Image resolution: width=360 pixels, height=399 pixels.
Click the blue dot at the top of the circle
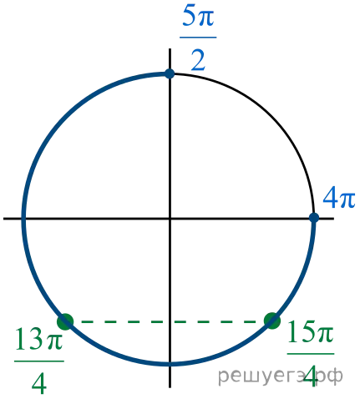pos(170,74)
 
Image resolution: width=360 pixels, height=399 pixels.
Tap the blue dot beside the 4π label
pos(314,218)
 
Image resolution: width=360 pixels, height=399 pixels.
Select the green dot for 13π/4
pos(65,321)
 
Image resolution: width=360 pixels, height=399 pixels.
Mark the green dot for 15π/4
pos(272,321)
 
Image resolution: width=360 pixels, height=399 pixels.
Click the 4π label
pos(339,198)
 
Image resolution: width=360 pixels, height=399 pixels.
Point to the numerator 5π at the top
pos(198,16)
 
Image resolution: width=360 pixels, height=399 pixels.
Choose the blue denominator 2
pos(198,60)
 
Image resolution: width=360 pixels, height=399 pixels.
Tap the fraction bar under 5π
pos(198,37)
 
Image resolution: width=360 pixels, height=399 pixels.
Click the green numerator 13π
pos(38,339)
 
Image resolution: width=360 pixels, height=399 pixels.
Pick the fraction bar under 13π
pos(39,361)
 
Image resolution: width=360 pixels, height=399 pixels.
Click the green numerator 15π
pos(310,331)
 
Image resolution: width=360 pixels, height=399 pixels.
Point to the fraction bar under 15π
pos(311,354)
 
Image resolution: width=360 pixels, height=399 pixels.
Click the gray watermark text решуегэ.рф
pos(280,376)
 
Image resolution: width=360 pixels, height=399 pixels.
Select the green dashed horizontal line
pos(169,322)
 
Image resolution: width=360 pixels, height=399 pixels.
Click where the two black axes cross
pos(170,219)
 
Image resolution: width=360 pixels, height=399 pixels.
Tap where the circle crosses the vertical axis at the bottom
pos(170,364)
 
